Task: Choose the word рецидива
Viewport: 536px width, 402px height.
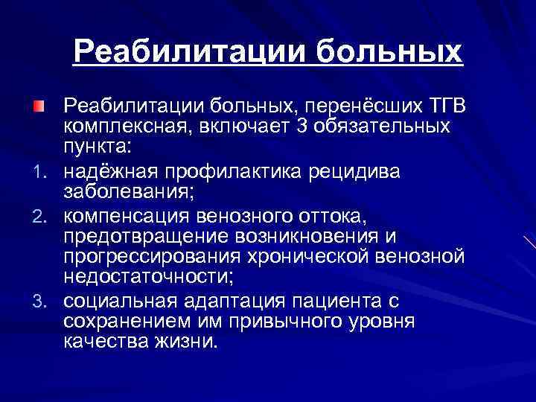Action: (357, 173)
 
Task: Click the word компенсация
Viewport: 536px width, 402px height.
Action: (126, 217)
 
